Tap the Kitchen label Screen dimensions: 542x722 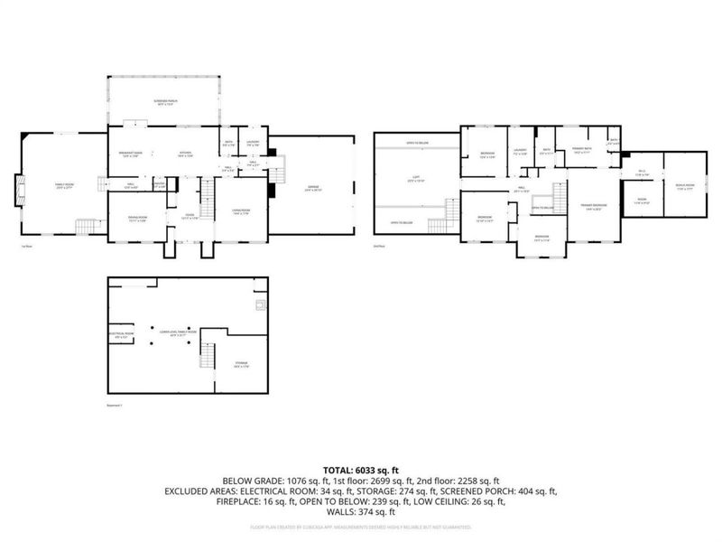click(185, 154)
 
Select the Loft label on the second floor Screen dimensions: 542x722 click(416, 181)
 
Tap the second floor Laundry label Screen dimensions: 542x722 click(519, 152)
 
